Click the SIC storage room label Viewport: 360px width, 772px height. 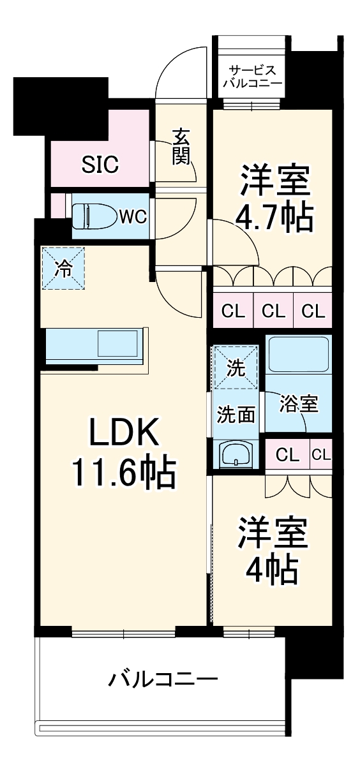[x=100, y=165]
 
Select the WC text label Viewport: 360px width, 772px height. [x=133, y=217]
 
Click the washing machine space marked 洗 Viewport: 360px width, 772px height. [x=236, y=367]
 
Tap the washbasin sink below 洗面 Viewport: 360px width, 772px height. [x=236, y=454]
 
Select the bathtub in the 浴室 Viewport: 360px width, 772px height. [x=297, y=355]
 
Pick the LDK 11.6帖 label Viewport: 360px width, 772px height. [x=123, y=454]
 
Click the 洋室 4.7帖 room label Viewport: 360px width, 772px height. [x=276, y=200]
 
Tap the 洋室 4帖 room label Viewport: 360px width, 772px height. [x=273, y=551]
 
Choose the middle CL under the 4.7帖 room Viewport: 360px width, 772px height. [x=273, y=311]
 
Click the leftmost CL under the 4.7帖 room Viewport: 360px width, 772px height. [x=233, y=311]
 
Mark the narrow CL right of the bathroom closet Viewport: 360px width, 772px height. [x=322, y=455]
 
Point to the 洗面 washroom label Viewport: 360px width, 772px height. [x=236, y=415]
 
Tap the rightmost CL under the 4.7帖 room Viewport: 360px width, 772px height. [x=313, y=311]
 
